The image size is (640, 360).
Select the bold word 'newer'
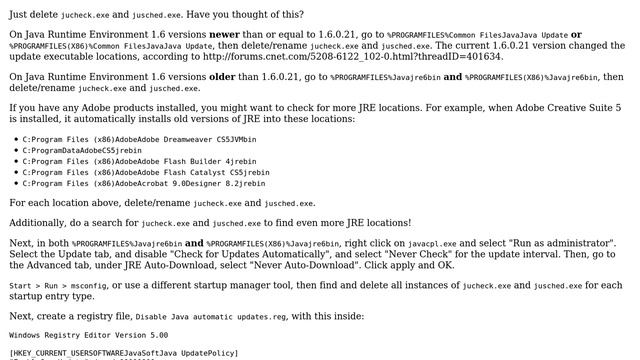tap(232, 34)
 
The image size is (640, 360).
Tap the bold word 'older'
tap(237, 76)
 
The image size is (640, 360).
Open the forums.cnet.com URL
tap(336, 56)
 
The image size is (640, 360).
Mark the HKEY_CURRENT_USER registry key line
tap(124, 353)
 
